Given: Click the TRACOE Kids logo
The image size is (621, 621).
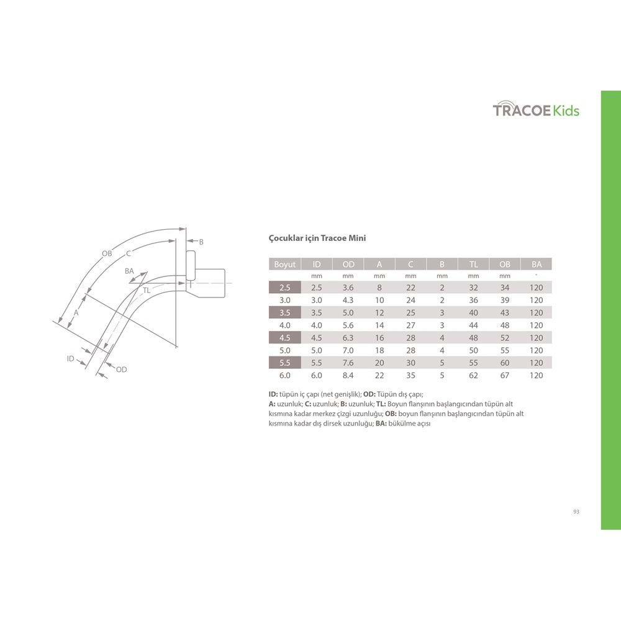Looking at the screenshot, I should [x=536, y=111].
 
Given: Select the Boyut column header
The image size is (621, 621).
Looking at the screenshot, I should [x=285, y=265].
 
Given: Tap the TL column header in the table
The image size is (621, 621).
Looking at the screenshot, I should [x=473, y=265].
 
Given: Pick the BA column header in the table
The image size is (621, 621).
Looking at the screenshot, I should [x=537, y=265].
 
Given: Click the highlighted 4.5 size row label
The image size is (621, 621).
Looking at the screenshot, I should [x=285, y=338].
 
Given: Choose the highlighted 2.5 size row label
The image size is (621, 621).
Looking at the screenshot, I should [x=285, y=288].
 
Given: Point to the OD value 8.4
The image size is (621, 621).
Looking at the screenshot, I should [x=348, y=375].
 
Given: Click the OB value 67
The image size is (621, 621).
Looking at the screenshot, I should [x=505, y=375].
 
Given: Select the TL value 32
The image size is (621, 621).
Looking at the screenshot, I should [x=473, y=288].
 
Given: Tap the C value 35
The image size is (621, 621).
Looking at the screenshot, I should [x=410, y=375].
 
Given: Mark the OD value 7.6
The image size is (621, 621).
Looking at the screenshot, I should [x=348, y=363].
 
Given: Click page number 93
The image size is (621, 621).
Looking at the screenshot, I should [x=576, y=512].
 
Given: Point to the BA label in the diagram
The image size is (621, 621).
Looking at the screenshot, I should [x=129, y=271].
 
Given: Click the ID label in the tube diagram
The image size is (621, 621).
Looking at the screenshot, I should [x=71, y=359].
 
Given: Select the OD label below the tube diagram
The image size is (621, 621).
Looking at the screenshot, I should [x=121, y=369].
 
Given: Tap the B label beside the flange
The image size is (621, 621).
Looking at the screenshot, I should [x=201, y=242].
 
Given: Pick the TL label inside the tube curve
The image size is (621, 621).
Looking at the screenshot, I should [x=147, y=291].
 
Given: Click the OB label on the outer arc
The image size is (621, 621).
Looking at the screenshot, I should [x=107, y=253].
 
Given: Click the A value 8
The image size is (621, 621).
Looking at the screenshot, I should [x=379, y=288].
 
